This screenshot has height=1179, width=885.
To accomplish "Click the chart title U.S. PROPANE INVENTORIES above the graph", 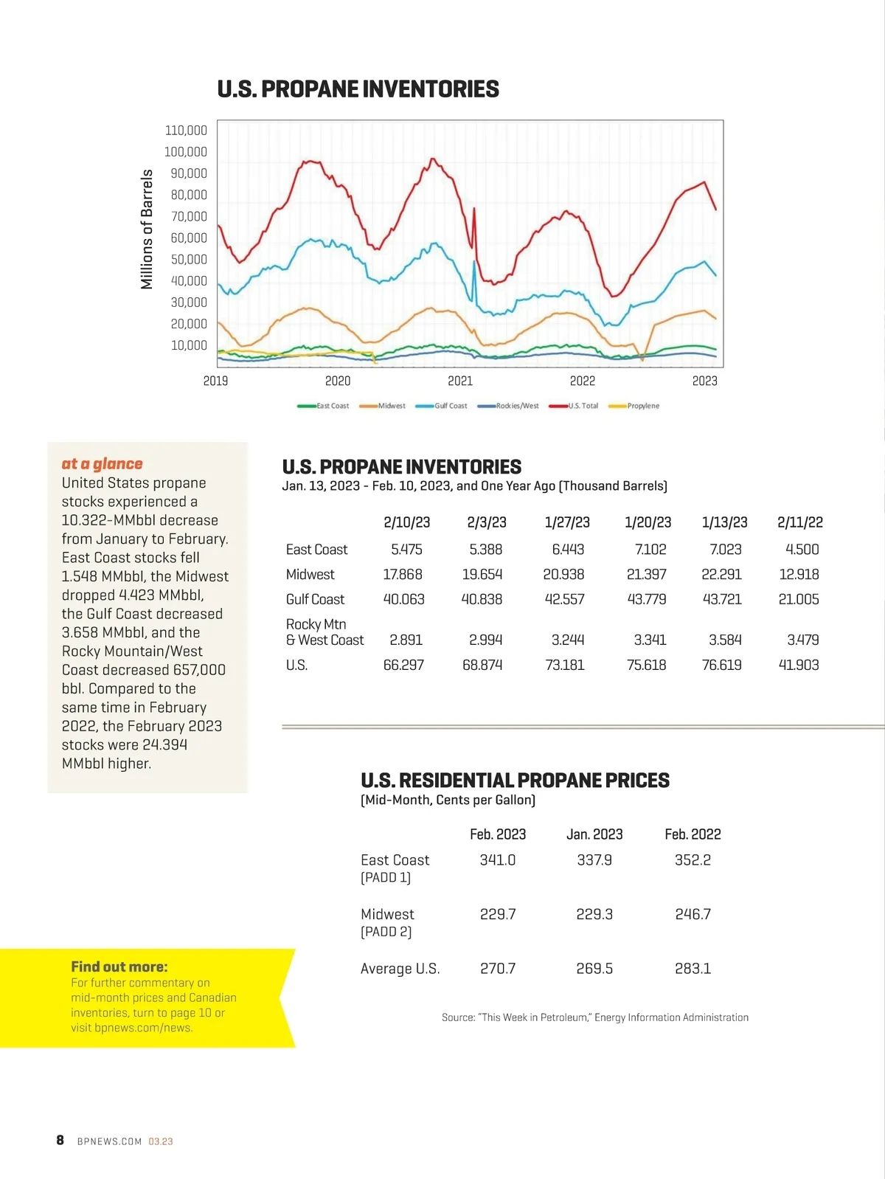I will pyautogui.click(x=358, y=89).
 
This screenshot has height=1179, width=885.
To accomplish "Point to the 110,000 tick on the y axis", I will pyautogui.click(x=186, y=131).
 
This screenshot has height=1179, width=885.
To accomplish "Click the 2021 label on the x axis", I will pyautogui.click(x=460, y=381).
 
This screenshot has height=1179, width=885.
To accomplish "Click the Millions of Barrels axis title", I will pyautogui.click(x=147, y=229).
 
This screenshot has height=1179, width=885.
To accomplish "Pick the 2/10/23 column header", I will pyautogui.click(x=406, y=522).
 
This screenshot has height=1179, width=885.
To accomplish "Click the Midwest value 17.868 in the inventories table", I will pyautogui.click(x=403, y=574).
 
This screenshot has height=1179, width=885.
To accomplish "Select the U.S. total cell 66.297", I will pyautogui.click(x=403, y=665).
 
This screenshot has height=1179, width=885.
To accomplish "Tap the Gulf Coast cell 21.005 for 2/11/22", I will pyautogui.click(x=799, y=599).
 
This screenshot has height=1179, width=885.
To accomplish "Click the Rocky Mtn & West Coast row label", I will pyautogui.click(x=324, y=632).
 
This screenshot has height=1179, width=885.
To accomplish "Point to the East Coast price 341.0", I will pyautogui.click(x=498, y=860).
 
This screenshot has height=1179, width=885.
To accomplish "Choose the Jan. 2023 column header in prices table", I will pyautogui.click(x=594, y=834).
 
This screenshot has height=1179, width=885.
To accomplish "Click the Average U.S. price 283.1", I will pyautogui.click(x=693, y=968).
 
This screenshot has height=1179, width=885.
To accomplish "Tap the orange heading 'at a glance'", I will pyautogui.click(x=103, y=463).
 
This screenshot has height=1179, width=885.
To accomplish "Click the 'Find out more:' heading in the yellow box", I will pyautogui.click(x=119, y=967).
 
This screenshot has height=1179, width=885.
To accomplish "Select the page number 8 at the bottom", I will pyautogui.click(x=60, y=1140).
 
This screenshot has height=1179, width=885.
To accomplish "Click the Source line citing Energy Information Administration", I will pyautogui.click(x=594, y=1017).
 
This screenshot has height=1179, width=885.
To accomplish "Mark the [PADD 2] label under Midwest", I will pyautogui.click(x=386, y=932).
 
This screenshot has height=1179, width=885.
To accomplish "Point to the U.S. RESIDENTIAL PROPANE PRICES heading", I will pyautogui.click(x=515, y=780).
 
